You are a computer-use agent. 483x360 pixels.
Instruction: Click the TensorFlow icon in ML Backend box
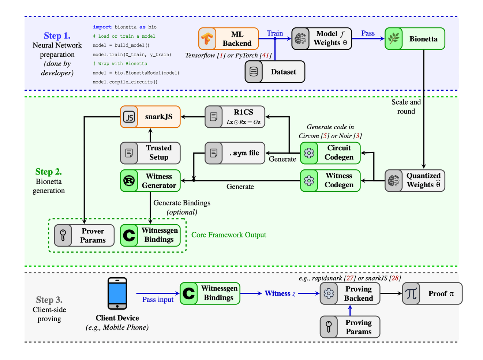coord(207,39)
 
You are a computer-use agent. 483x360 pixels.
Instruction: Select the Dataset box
coord(275,72)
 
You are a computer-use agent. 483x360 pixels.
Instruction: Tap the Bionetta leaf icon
coord(394,39)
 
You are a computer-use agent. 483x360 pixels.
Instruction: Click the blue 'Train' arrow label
coord(275,33)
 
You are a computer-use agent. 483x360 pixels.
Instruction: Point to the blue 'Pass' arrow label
coord(368,33)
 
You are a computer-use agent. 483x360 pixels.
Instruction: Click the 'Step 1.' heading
coord(57,36)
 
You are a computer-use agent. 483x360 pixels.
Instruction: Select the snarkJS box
coord(150,117)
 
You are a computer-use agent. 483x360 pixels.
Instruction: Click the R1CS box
coord(235,117)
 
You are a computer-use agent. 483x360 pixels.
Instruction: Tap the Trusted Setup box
coord(150,153)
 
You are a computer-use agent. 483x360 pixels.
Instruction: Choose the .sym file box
coord(235,153)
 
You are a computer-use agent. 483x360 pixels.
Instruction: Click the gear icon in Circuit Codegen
coord(309,153)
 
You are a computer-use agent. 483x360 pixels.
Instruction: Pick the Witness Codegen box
coord(330,180)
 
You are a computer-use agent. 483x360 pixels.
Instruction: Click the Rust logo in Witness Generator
coord(129,181)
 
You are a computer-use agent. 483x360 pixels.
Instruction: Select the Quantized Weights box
coord(415,180)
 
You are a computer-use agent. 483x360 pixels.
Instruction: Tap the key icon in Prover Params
coord(63,235)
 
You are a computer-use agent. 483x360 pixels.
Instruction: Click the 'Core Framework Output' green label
coord(229,235)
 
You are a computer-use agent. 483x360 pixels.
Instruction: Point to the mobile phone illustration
coord(117,293)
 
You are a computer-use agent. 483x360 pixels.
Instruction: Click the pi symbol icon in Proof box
coord(411,293)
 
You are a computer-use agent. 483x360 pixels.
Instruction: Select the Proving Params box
coord(350,327)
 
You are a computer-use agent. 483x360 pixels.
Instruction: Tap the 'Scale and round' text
coord(406,106)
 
